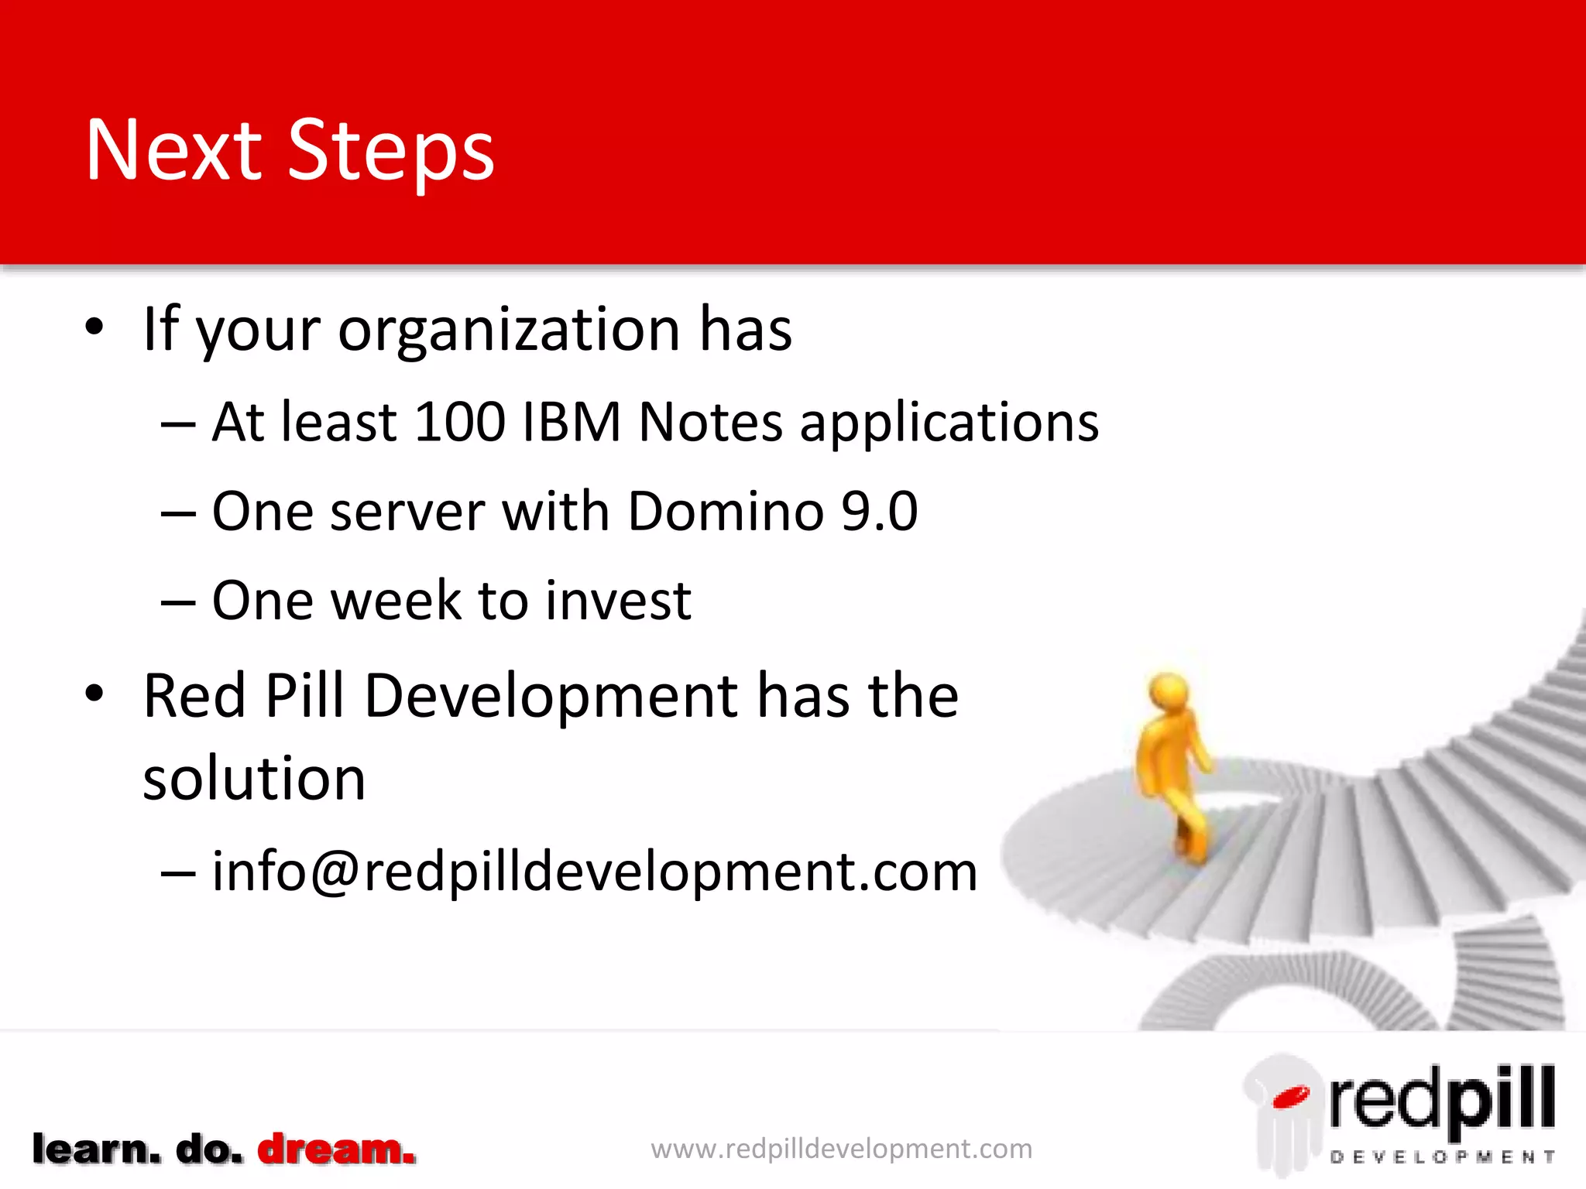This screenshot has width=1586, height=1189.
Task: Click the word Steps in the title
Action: (x=391, y=151)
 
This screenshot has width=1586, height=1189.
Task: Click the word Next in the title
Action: (x=174, y=151)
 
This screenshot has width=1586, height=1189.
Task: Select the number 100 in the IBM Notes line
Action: (x=460, y=423)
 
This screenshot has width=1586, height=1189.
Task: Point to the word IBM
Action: (x=572, y=423)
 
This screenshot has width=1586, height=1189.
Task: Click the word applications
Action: (x=949, y=424)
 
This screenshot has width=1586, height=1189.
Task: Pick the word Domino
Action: (x=726, y=512)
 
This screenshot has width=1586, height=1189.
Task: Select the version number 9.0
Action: (x=880, y=512)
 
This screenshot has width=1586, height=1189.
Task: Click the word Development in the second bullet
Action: (x=551, y=696)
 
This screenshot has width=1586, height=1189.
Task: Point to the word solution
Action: (x=254, y=779)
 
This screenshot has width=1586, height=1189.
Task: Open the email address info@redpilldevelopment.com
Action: (x=595, y=872)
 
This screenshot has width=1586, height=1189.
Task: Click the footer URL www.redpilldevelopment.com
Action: (x=841, y=1149)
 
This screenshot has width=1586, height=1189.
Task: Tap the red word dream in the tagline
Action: (x=336, y=1150)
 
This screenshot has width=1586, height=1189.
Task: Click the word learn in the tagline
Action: (x=96, y=1150)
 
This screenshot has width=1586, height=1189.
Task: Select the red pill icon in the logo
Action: (x=1290, y=1097)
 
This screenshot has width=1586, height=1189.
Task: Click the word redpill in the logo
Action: (x=1442, y=1099)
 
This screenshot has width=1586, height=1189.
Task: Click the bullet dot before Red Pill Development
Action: (x=94, y=694)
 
